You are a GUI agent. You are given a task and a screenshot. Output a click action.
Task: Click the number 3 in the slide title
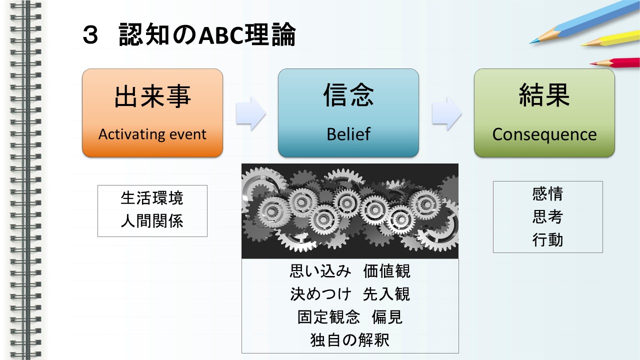click(x=90, y=35)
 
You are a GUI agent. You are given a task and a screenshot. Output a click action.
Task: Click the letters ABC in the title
click(x=221, y=35)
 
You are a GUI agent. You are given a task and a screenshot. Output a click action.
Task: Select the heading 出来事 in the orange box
click(x=152, y=96)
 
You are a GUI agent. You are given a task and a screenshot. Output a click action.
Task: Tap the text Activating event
click(x=152, y=134)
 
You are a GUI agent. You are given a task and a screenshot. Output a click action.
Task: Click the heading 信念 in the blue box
click(x=348, y=95)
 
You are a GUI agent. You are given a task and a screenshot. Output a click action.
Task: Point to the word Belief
click(x=348, y=134)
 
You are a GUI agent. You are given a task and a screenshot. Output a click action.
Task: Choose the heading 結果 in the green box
click(x=544, y=95)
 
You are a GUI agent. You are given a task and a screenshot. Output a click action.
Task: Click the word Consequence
click(x=544, y=134)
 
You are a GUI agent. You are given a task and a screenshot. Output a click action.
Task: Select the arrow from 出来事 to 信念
click(x=251, y=113)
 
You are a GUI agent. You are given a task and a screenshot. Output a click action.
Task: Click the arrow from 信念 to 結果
click(x=447, y=113)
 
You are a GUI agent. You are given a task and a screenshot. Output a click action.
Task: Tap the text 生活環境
click(x=151, y=198)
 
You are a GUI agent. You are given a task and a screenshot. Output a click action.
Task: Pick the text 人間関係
click(x=151, y=221)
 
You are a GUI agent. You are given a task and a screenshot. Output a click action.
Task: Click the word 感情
click(x=547, y=193)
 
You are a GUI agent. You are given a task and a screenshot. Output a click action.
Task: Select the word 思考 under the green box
click(x=547, y=216)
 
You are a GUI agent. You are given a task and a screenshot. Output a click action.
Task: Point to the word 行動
click(x=547, y=239)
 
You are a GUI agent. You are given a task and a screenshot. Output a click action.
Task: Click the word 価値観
click(x=386, y=271)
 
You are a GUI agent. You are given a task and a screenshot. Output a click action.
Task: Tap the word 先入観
click(x=386, y=294)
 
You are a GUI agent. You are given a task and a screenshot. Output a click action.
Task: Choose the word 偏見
click(x=387, y=317)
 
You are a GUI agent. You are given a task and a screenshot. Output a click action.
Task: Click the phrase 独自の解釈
click(x=349, y=340)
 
